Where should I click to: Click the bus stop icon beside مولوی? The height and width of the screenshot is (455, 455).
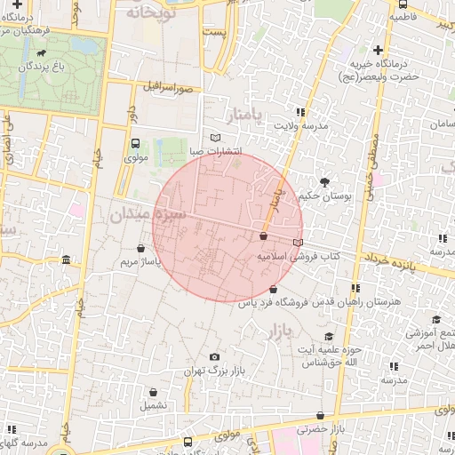[136, 143]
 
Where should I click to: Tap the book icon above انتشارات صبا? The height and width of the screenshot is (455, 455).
[215, 137]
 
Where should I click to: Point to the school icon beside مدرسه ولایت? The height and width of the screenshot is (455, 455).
[299, 112]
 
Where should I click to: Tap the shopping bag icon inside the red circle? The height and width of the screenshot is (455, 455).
[263, 236]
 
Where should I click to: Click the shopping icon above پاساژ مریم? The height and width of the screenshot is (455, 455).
[142, 250]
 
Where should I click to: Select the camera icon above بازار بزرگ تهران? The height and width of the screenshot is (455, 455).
[213, 356]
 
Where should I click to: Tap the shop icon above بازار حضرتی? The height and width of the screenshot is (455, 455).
[320, 415]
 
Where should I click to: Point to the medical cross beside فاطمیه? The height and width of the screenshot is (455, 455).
[392, 17]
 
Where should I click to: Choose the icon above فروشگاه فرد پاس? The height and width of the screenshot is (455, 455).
[272, 290]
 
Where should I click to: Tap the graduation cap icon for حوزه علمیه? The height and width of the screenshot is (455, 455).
[329, 336]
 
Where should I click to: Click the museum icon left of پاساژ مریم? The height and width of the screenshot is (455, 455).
[68, 259]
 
